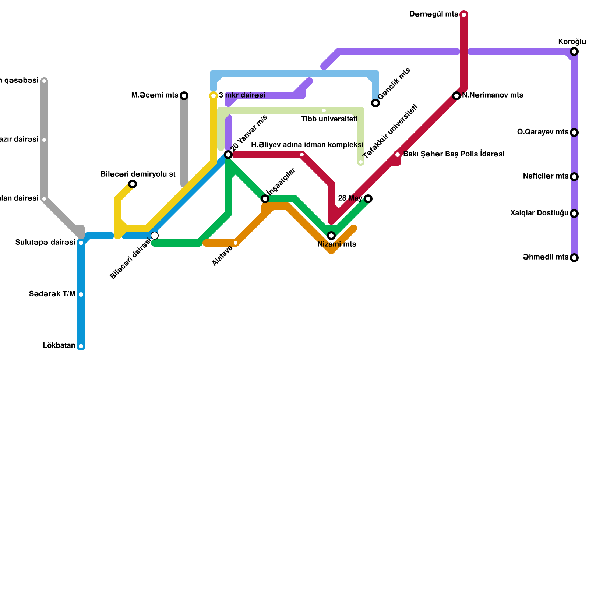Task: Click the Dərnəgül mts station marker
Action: [x=464, y=15]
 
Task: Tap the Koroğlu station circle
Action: [x=574, y=52]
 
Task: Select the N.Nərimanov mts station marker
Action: [x=456, y=96]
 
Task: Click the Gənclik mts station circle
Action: [x=375, y=103]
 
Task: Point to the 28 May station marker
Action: [x=368, y=199]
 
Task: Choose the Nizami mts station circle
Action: [x=331, y=236]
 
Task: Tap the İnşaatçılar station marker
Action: [x=265, y=199]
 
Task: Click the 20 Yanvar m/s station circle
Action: [x=228, y=155]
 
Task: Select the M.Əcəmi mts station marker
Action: [x=184, y=96]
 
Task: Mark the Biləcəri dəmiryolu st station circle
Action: [x=133, y=184]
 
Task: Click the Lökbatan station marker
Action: [x=81, y=346]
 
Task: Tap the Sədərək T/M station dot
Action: [x=81, y=294]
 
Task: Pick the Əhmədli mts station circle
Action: [x=574, y=258]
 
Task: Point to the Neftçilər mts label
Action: [x=546, y=176]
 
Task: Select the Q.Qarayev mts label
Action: [x=543, y=132]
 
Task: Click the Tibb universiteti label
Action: [x=329, y=119]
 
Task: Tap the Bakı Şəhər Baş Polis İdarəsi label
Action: [x=454, y=154]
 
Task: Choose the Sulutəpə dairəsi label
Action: [x=45, y=243]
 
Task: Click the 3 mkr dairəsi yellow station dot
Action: [x=214, y=96]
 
